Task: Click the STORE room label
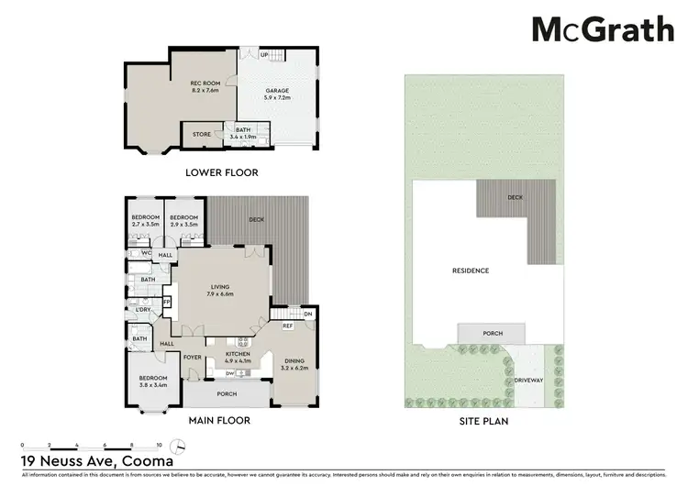point(201,135)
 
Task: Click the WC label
point(145,254)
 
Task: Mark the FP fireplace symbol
point(166,302)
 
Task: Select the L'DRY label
point(142,309)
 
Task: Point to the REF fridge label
point(287,326)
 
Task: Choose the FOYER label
point(193,358)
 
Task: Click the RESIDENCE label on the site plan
point(469,271)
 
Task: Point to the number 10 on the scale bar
point(159,440)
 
